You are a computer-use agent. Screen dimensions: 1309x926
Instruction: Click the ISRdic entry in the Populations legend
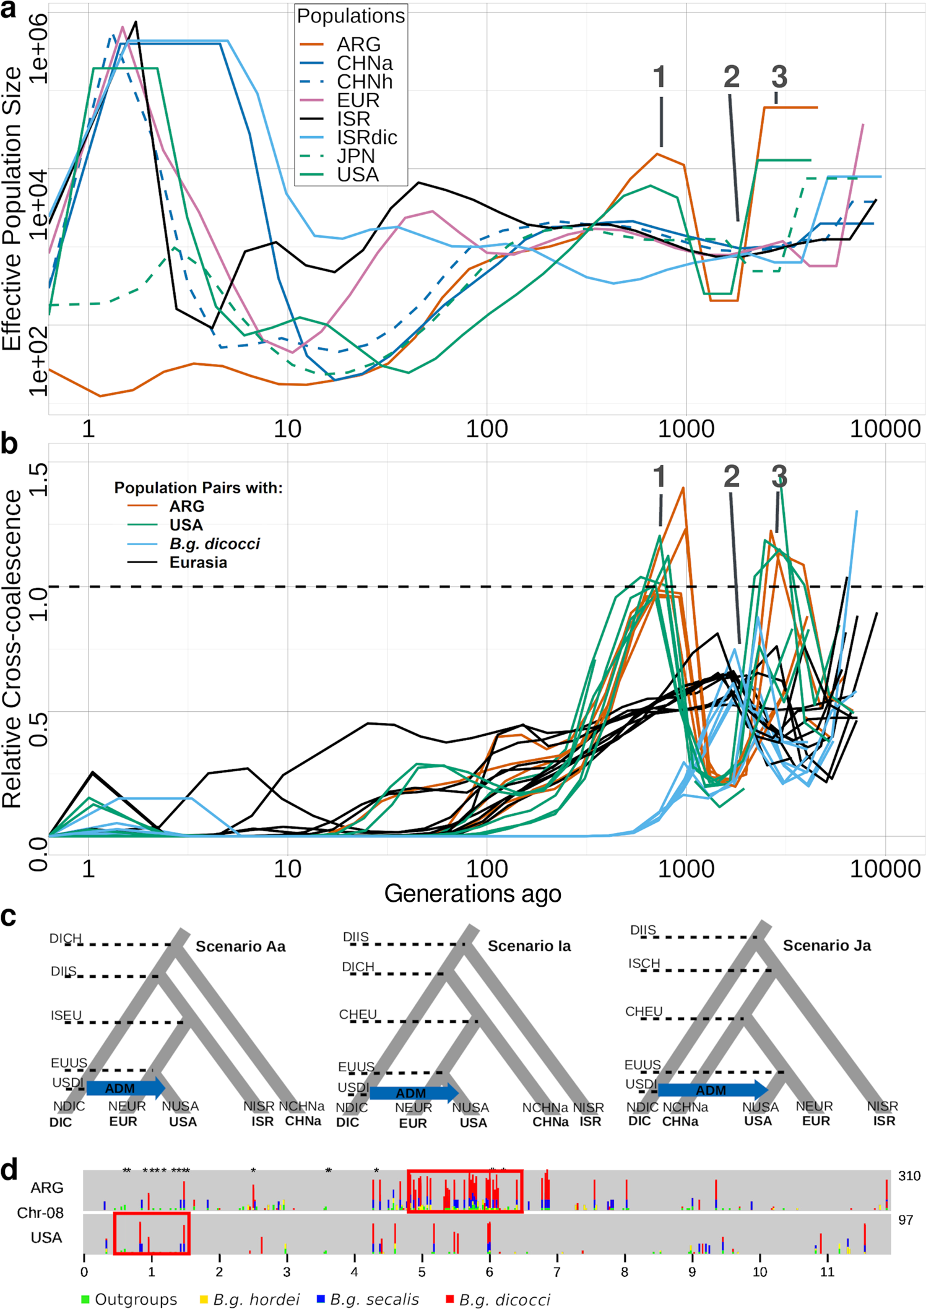point(366,137)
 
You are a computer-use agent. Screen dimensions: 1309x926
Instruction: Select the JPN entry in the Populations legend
point(355,156)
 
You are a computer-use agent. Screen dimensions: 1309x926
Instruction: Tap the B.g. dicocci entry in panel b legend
point(214,543)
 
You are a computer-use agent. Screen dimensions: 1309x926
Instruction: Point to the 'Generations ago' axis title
point(472,894)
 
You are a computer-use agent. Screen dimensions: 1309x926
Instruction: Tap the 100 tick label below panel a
point(487,428)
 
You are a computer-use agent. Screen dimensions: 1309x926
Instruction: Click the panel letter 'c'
point(9,917)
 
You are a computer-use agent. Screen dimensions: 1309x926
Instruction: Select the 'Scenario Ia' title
point(529,946)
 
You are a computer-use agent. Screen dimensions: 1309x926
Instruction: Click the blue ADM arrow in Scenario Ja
point(712,1091)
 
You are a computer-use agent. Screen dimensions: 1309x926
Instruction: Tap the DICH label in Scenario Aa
point(66,938)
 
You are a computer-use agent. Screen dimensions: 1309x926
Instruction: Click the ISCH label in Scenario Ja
point(644,964)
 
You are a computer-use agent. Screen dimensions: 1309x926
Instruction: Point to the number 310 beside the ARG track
point(909,1176)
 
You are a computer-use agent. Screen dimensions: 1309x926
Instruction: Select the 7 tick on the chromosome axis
point(556,1272)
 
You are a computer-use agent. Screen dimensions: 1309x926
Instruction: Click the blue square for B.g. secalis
point(321,1298)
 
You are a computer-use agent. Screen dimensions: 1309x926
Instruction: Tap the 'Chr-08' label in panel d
point(40,1212)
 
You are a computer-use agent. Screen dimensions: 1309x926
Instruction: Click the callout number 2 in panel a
point(731,77)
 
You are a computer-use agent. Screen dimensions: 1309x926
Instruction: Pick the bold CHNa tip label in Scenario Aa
point(303,1121)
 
